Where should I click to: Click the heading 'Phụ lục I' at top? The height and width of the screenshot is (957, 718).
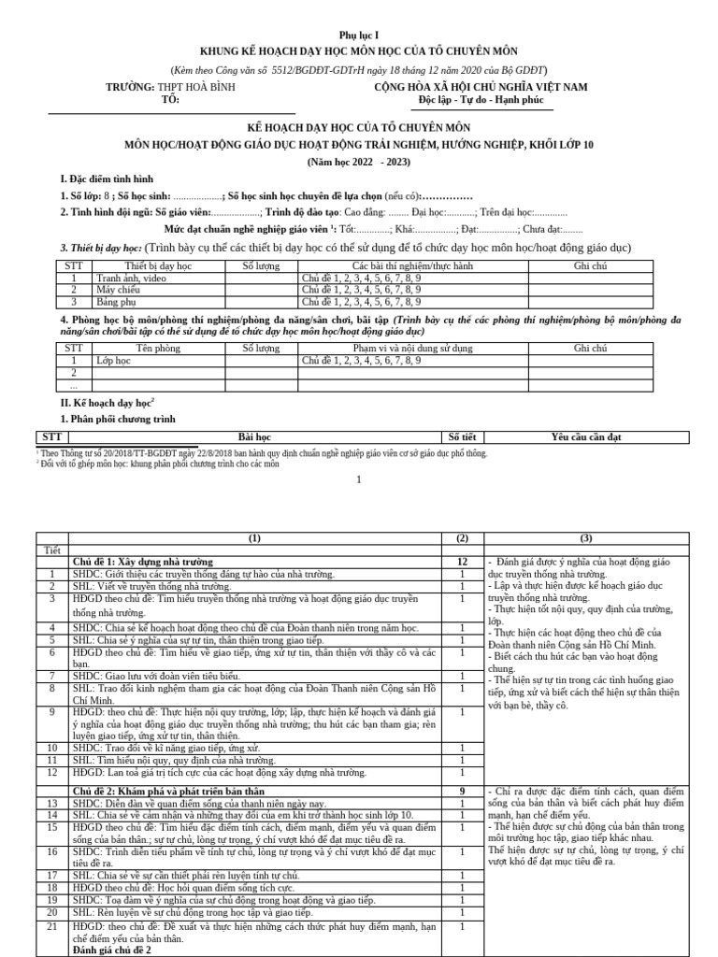coord(359,34)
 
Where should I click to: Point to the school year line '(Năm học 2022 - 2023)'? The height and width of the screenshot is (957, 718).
coord(359,161)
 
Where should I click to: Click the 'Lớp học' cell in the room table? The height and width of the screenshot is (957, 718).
coord(114,360)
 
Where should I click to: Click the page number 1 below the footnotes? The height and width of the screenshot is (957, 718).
coord(359,479)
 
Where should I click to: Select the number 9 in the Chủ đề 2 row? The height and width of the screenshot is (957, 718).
coord(461,792)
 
